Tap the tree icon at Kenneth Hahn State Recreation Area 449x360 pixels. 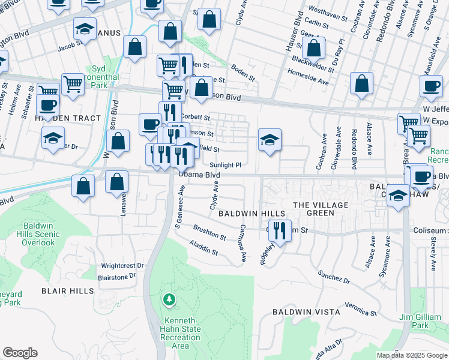point(170,299)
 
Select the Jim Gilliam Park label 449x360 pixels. point(421,320)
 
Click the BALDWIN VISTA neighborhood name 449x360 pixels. point(306,312)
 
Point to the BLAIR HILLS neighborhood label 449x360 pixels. point(67,290)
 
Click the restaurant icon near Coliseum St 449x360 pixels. point(279,230)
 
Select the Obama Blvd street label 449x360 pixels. point(199,175)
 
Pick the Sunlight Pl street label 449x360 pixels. point(226,165)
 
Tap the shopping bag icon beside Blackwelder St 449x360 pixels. point(313,49)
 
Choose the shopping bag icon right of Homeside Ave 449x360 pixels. point(361,85)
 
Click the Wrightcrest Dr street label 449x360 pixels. point(122,265)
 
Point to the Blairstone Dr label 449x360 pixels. point(118,277)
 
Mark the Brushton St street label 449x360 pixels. point(209,233)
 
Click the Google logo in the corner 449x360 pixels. point(20,353)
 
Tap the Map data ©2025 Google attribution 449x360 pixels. point(412,355)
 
